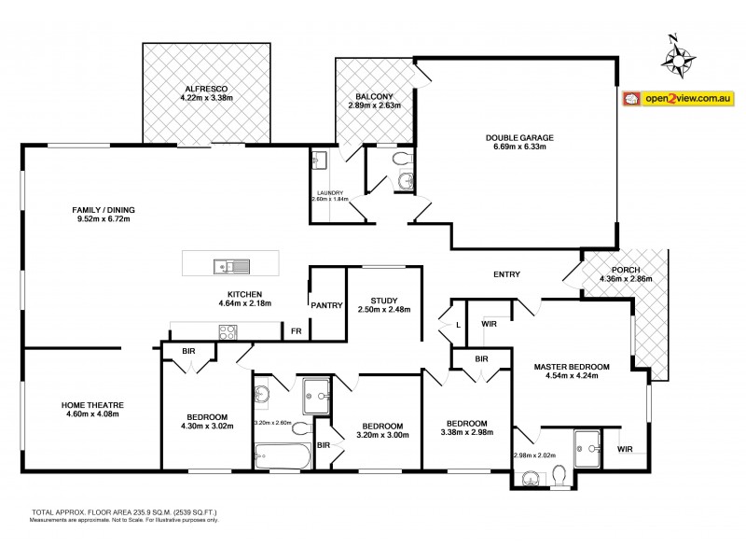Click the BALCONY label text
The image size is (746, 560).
point(374,96)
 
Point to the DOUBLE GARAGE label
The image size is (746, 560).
point(519,138)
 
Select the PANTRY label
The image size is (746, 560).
point(327,305)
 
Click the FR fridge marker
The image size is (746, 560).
point(296,331)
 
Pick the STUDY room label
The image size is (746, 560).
point(383,300)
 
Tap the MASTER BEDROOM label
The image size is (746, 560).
point(572,366)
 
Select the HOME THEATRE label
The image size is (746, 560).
point(92,404)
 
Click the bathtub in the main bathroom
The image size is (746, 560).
point(283,457)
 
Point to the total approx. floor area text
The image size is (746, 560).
point(117,513)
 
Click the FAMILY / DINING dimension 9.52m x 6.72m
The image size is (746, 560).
point(103,219)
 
